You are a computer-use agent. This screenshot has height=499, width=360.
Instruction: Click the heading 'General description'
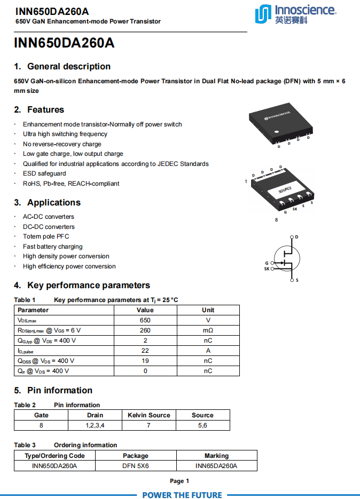[69, 67]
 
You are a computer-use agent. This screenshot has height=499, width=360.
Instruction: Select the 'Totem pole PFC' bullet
[46, 236]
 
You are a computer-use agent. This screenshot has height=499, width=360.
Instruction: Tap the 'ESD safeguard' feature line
[44, 173]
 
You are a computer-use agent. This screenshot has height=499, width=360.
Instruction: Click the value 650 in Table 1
[145, 320]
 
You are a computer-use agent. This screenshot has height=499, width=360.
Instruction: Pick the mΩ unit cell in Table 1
[208, 330]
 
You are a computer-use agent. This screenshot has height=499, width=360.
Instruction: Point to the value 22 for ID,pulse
[145, 351]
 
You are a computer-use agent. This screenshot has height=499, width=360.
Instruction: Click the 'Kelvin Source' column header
[148, 415]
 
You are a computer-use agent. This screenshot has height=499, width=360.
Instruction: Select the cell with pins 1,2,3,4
[95, 425]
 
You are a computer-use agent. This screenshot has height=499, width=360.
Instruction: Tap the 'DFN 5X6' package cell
[136, 466]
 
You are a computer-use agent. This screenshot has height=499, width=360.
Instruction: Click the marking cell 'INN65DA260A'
[216, 466]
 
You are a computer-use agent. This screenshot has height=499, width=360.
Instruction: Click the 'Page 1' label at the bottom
[179, 481]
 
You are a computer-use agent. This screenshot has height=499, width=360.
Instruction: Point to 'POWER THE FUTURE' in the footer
[182, 495]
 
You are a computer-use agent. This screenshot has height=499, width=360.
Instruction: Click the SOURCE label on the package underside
[285, 190]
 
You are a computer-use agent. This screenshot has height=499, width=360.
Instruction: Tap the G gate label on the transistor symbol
[267, 263]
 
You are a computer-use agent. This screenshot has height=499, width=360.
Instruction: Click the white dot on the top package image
[277, 131]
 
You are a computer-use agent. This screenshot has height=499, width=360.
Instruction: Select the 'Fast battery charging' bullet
[52, 247]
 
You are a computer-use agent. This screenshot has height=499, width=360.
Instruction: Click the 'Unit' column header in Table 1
[208, 310]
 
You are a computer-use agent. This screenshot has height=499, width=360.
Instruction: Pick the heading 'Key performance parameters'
[89, 286]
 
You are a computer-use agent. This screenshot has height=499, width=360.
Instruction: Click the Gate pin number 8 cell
[41, 425]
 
